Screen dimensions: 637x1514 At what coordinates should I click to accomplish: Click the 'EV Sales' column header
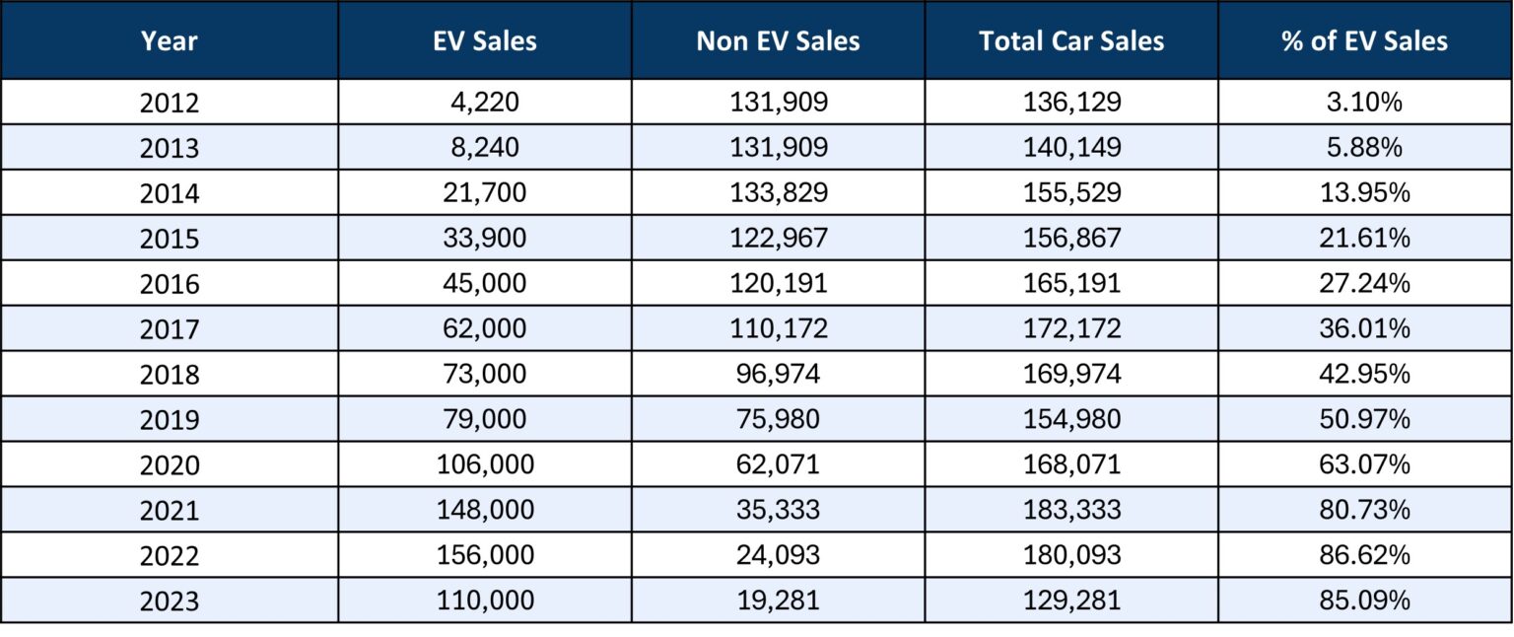(x=485, y=40)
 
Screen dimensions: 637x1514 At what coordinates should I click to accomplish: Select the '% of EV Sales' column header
(x=1364, y=40)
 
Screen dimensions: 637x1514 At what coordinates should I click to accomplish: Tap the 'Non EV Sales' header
(x=778, y=40)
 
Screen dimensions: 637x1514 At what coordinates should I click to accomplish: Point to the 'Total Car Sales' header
(x=1071, y=40)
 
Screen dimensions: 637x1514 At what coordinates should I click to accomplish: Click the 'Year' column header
(x=169, y=40)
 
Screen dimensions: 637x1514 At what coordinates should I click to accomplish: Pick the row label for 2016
(x=169, y=284)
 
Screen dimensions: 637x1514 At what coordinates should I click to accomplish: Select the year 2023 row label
(x=169, y=601)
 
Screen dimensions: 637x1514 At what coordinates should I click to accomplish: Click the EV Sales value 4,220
(x=485, y=103)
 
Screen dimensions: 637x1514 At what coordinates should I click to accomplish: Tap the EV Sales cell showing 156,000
(x=485, y=555)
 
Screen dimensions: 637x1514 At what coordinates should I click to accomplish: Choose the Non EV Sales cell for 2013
(x=778, y=148)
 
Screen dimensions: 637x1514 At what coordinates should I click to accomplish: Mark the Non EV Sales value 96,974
(x=778, y=375)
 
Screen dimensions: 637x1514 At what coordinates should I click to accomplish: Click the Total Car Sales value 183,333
(x=1071, y=510)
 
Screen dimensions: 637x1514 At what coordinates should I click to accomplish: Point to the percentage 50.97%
(x=1364, y=419)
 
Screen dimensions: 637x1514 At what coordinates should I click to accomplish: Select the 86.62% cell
(x=1364, y=555)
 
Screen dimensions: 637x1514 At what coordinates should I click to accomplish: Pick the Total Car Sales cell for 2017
(x=1071, y=329)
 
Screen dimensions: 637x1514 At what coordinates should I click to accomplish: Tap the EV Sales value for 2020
(x=485, y=464)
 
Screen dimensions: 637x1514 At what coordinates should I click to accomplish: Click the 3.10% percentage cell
(x=1364, y=103)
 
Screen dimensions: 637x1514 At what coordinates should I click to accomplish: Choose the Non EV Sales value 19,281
(x=778, y=601)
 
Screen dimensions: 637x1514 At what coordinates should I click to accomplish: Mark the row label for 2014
(x=169, y=193)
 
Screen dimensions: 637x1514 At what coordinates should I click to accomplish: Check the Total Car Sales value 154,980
(x=1071, y=419)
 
